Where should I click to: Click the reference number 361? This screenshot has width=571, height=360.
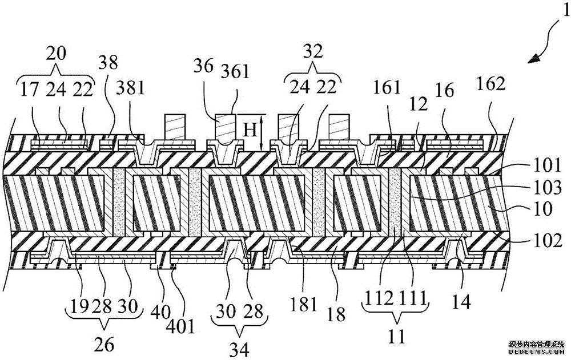(235, 72)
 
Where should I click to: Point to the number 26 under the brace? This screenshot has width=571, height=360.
(105, 344)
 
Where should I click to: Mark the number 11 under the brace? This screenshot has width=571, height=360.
(395, 337)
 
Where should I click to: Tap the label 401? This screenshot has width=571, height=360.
(183, 326)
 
